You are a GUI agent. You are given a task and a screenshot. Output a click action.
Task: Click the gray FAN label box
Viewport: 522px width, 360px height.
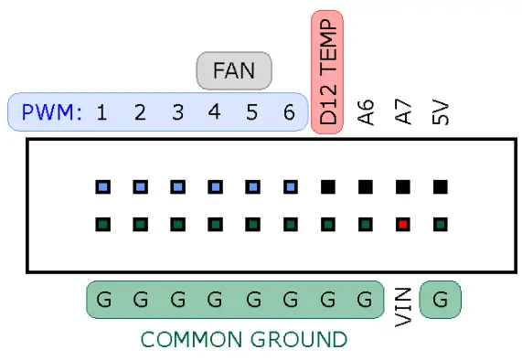(x=234, y=70)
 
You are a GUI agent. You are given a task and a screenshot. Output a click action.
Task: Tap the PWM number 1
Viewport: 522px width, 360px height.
(x=101, y=113)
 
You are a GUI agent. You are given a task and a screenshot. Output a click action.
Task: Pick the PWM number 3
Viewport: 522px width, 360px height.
(x=177, y=113)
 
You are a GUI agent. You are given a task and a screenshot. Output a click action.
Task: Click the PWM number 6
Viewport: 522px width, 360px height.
(x=289, y=113)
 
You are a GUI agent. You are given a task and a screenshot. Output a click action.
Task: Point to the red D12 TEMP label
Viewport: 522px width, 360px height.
(x=327, y=73)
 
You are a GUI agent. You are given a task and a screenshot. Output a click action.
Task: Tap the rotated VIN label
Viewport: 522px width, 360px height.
(x=403, y=306)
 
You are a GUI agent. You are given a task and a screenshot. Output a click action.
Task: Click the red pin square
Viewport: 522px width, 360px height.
(x=402, y=223)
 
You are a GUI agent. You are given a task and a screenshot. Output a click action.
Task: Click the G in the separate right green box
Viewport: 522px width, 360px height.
(x=440, y=300)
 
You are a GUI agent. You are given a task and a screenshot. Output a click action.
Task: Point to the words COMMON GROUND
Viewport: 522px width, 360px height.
(x=243, y=340)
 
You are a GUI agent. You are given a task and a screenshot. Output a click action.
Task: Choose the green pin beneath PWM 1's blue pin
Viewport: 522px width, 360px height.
(x=102, y=223)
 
